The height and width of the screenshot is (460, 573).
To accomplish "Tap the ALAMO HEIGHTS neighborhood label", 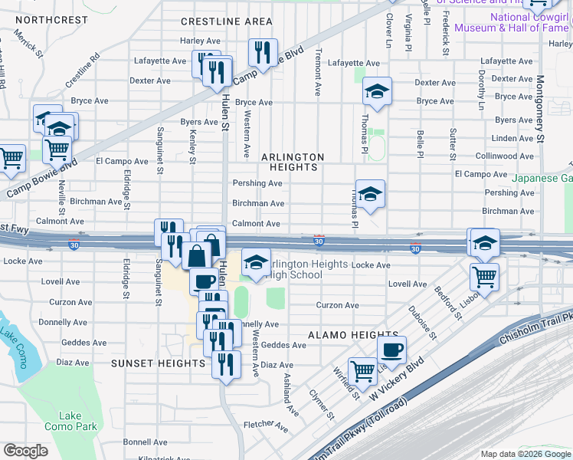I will click(x=353, y=335).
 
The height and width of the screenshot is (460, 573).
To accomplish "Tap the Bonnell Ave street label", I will click(x=145, y=442).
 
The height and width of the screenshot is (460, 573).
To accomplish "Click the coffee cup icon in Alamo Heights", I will click(x=392, y=350).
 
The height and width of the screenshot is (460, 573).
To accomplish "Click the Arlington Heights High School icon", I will click(x=257, y=262).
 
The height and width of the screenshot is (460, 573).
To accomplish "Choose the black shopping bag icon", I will click(x=196, y=255).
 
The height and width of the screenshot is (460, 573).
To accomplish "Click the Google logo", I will click(x=25, y=451).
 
